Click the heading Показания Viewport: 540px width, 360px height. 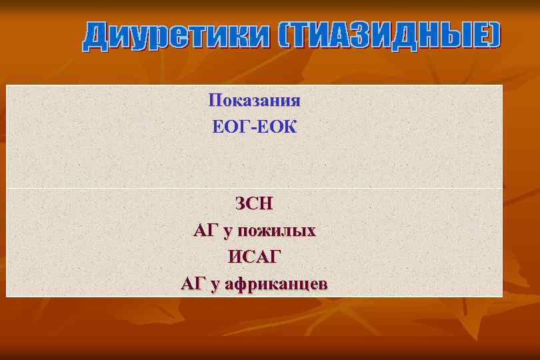(254, 101)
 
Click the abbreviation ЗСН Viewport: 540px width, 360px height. (254, 202)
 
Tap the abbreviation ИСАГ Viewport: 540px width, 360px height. (255, 257)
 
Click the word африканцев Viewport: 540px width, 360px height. (276, 285)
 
